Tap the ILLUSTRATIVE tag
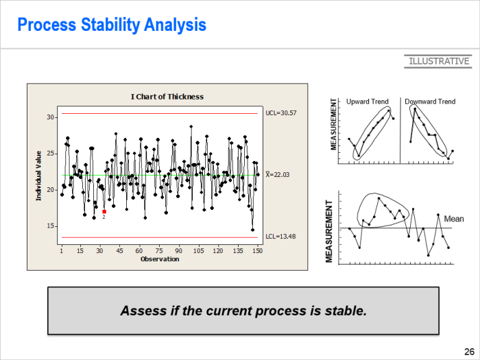(440, 61)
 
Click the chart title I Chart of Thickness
(167, 97)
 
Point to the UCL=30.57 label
(281, 113)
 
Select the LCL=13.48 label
(280, 237)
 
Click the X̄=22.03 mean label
(277, 174)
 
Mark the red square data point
(104, 211)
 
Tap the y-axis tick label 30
(50, 117)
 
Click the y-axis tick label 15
(50, 226)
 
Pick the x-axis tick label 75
(159, 251)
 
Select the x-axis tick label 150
(257, 251)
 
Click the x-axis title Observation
(160, 259)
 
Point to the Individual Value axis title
(38, 176)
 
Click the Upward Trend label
(368, 101)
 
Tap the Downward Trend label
(430, 101)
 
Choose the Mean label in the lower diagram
(454, 219)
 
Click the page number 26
(469, 351)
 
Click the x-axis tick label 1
(62, 251)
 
